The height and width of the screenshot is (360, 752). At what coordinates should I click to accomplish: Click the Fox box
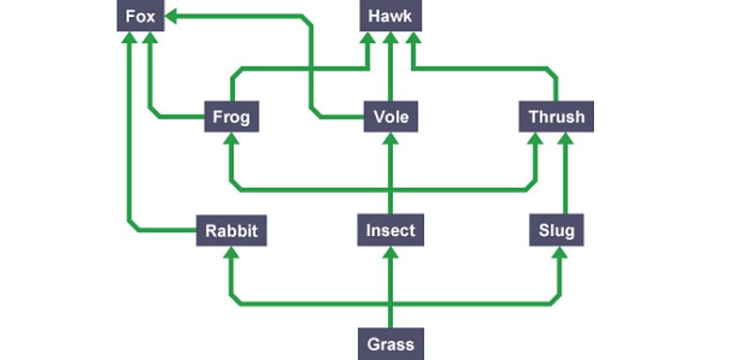point(139,17)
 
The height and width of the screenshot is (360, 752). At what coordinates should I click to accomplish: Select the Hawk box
point(390,17)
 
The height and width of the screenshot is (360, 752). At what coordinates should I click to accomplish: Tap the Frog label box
point(230,117)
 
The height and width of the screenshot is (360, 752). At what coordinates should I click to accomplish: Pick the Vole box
point(390,117)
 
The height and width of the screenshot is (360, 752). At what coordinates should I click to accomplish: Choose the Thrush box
point(556,117)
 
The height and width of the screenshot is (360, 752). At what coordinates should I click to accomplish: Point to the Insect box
point(390,229)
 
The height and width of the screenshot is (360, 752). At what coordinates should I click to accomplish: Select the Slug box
point(556,229)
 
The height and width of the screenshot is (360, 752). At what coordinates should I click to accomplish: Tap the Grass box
point(390,342)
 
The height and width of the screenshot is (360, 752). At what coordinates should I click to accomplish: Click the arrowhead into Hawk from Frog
point(370,39)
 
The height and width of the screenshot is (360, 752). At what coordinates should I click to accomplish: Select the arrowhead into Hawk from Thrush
point(411,39)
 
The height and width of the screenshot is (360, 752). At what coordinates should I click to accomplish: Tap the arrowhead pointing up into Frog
point(231,139)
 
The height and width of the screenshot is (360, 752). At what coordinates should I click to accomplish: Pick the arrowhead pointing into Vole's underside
point(390,139)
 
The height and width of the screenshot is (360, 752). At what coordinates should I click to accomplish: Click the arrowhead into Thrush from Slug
point(565,139)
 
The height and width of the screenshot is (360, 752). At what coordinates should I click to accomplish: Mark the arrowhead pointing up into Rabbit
point(231,252)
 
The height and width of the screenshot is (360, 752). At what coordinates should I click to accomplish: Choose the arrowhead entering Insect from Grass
point(390,252)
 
